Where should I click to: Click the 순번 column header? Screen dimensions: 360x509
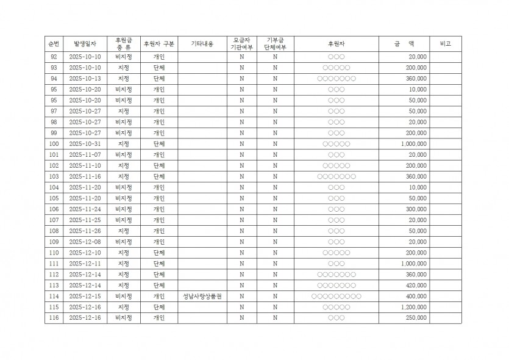(54, 44)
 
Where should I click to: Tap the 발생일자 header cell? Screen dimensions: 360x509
(85, 44)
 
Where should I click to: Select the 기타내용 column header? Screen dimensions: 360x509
(202, 44)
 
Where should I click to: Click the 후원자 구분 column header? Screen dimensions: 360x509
(158, 44)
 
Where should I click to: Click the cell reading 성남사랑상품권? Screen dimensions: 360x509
(202, 297)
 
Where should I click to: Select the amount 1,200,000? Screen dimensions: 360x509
(414, 308)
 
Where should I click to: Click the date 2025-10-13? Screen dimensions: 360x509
(85, 79)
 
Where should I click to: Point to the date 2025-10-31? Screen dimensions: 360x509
(85, 144)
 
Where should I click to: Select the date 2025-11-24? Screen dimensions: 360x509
(85, 209)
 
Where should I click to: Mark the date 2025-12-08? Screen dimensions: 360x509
(85, 242)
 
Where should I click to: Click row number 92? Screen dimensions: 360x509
(54, 57)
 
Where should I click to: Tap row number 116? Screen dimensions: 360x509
(54, 319)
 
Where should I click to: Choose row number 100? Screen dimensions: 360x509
(54, 144)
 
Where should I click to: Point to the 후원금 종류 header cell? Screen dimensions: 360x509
(123, 44)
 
